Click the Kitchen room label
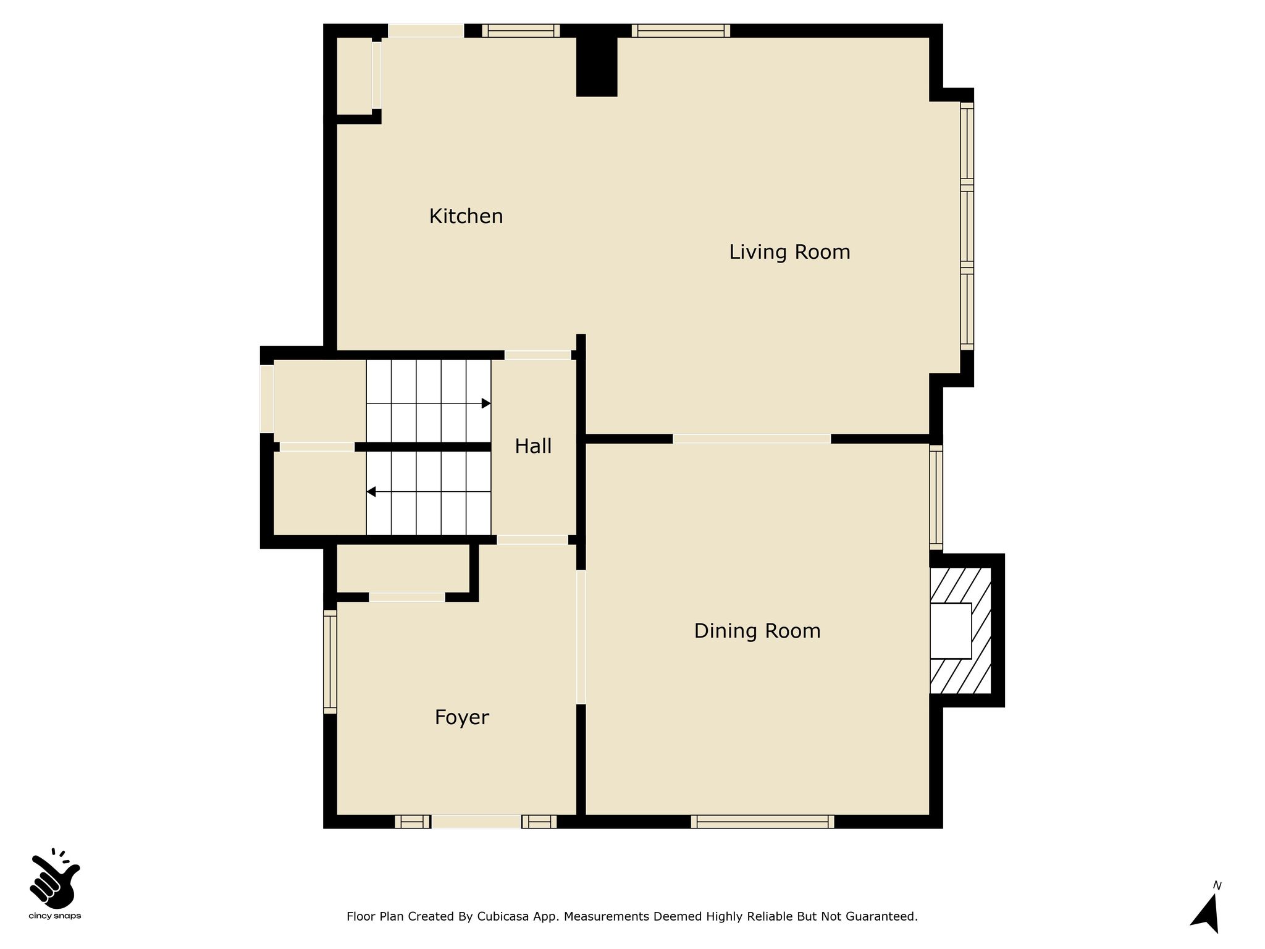(466, 216)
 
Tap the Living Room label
(789, 252)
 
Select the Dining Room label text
(757, 631)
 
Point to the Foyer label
(461, 718)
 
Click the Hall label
(533, 446)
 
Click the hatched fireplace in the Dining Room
(961, 630)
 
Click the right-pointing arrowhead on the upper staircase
(486, 403)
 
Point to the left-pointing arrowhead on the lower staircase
(371, 492)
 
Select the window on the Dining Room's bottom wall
(762, 822)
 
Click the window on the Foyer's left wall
(330, 662)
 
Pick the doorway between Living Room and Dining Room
(752, 439)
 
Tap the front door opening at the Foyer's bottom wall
(476, 822)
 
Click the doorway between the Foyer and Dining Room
(581, 637)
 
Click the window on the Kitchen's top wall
(521, 31)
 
